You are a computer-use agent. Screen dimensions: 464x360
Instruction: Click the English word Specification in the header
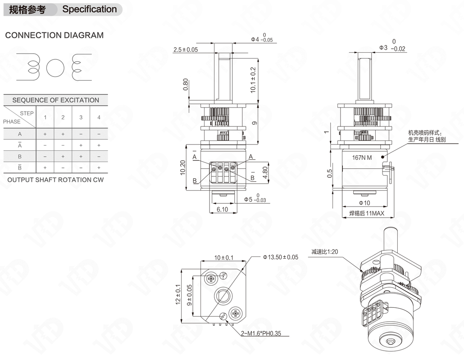click(x=89, y=9)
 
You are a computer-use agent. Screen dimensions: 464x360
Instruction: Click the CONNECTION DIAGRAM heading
click(x=55, y=35)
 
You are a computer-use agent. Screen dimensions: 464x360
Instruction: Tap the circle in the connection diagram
click(x=55, y=67)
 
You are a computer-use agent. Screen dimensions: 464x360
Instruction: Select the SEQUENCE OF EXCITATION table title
click(x=55, y=100)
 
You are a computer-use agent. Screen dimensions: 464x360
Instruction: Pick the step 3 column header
click(x=81, y=117)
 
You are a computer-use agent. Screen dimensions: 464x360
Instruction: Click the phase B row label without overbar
click(x=20, y=156)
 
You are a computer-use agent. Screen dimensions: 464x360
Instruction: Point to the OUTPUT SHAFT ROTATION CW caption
click(x=55, y=180)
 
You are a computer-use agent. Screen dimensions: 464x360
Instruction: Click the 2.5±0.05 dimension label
click(x=186, y=49)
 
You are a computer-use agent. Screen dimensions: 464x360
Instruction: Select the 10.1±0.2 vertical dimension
click(x=253, y=80)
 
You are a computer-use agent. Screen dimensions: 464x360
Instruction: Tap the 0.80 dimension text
click(x=186, y=85)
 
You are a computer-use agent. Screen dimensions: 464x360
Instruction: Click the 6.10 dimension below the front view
click(x=222, y=210)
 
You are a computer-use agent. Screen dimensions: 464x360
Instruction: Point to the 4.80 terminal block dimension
click(x=265, y=173)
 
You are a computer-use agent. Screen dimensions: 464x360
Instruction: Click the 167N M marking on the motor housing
click(x=362, y=157)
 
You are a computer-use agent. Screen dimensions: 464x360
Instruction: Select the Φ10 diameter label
click(x=364, y=203)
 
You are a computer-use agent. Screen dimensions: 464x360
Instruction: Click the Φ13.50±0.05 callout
click(x=281, y=257)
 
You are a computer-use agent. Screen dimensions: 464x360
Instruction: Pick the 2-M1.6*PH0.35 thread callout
click(x=261, y=333)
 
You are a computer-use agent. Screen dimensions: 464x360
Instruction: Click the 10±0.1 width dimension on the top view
click(x=224, y=258)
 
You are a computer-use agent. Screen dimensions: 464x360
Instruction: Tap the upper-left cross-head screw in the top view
click(x=211, y=279)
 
